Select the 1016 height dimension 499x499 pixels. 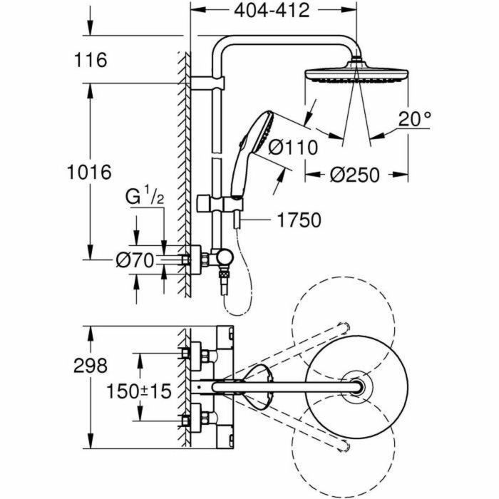(89, 172)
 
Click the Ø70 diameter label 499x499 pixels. (135, 261)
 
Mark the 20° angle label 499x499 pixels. (416, 119)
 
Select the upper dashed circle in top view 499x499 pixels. (342, 319)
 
